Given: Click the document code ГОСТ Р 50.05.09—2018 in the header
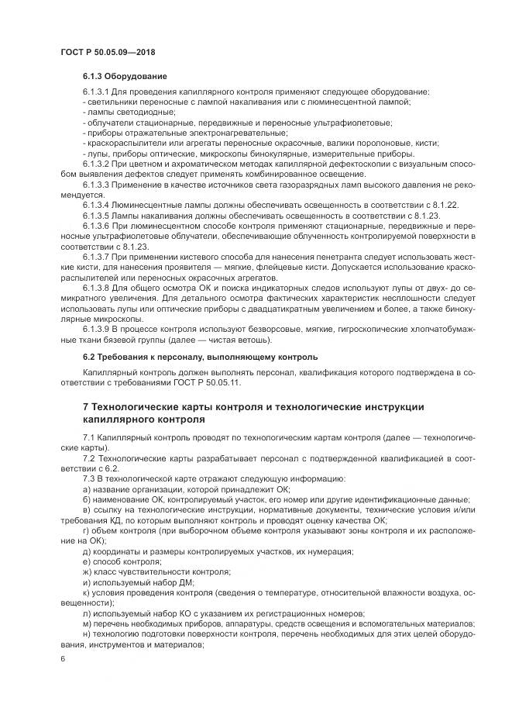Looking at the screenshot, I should [108, 50].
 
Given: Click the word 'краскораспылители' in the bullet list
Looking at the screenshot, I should [121, 143].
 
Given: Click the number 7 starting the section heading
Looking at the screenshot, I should [85, 407].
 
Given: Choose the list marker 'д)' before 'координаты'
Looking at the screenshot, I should [86, 551].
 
